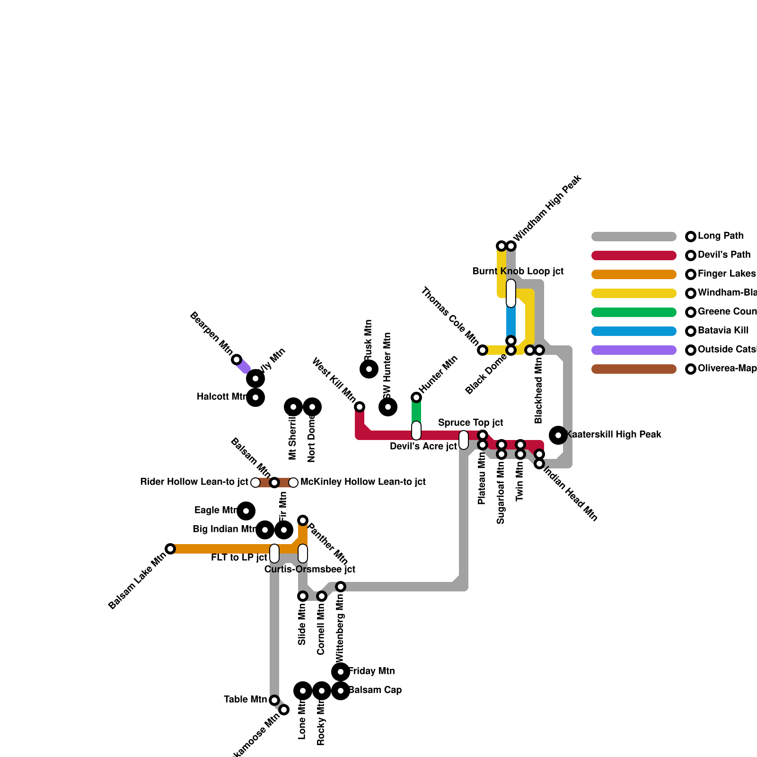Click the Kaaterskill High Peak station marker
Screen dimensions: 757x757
[558, 435]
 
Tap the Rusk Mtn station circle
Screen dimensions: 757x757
[369, 369]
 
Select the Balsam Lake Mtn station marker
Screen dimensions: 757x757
[170, 549]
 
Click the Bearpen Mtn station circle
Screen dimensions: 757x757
[237, 360]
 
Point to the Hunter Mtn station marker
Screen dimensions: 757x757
[416, 397]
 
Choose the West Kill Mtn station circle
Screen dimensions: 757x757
[360, 407]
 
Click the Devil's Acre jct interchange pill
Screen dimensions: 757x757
[416, 431]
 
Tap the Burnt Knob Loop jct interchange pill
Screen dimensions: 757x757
[511, 293]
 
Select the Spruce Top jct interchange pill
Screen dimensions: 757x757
[464, 440]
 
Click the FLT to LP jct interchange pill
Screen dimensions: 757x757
[274, 554]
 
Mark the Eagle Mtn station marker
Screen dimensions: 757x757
[246, 511]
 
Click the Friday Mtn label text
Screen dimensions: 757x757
[371, 671]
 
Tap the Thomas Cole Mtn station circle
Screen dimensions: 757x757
[483, 350]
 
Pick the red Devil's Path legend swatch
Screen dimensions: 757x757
[634, 255]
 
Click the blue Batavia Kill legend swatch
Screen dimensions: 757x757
[634, 331]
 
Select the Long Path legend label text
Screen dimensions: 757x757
[721, 236]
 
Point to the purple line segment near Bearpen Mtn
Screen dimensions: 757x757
[243, 366]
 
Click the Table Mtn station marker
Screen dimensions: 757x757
[274, 700]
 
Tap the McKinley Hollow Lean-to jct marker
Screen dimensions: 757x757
[293, 483]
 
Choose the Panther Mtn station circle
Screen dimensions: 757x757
[303, 520]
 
